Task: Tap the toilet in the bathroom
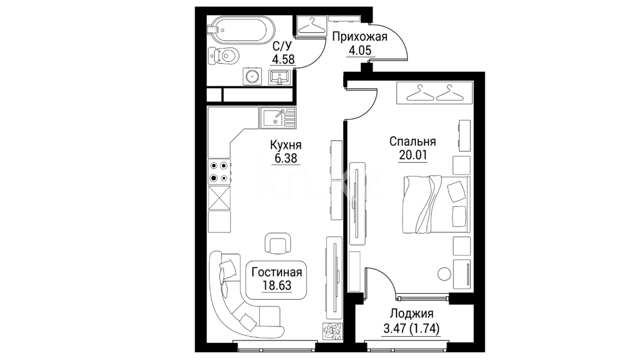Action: point(224,56)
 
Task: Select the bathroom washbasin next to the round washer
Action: point(279,78)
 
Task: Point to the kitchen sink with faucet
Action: point(277,118)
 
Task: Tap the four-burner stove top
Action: point(219,172)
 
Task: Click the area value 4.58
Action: point(283,59)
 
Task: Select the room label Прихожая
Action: point(360,36)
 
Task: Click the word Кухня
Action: point(286,145)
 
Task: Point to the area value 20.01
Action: point(413,155)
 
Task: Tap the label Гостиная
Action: point(277,272)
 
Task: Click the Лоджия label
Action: point(412,314)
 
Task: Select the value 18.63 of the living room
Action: point(277,286)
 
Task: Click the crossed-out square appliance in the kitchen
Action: point(219,197)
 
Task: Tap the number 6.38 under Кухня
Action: point(286,158)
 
